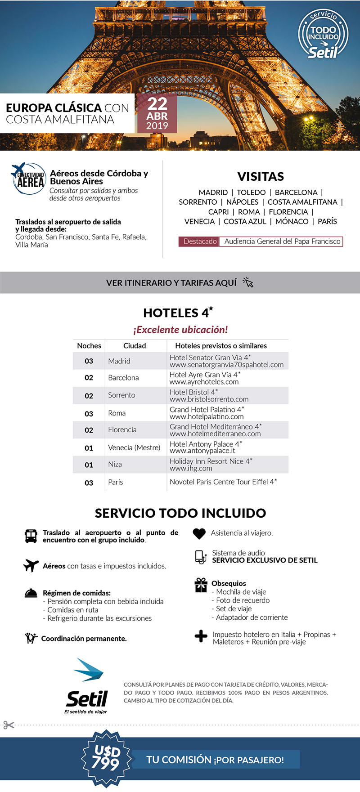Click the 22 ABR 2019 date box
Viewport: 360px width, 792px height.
(157, 114)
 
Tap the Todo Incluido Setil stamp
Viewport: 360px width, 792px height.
(323, 35)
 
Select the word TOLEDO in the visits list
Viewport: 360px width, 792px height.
(251, 192)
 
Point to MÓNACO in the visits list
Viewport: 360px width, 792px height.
(292, 221)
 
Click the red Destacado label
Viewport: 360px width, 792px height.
(200, 242)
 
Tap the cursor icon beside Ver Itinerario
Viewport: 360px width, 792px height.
(248, 282)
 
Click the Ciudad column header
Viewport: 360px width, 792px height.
(135, 346)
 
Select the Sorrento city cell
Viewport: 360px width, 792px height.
(121, 395)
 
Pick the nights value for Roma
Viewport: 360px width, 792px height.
(89, 414)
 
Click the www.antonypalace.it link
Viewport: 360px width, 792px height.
(202, 451)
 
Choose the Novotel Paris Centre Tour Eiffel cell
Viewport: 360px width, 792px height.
(223, 482)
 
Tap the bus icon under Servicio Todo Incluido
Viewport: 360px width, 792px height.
(31, 536)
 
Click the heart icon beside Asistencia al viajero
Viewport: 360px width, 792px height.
(199, 533)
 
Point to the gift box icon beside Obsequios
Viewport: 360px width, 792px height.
(201, 585)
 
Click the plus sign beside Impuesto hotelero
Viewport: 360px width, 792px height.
(201, 636)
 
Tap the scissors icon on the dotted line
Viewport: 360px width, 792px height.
(9, 725)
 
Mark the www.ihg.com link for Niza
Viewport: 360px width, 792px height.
(191, 468)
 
